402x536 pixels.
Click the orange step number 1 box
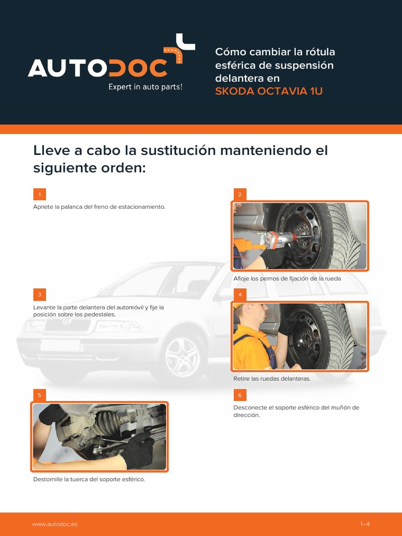click(x=39, y=194)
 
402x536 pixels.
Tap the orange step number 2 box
click(x=240, y=194)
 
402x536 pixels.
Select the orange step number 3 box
click(x=39, y=295)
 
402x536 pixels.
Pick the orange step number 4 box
click(x=240, y=295)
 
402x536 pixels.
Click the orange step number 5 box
click(x=39, y=395)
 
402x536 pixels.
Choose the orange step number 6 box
click(x=240, y=395)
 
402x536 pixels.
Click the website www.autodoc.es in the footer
click(x=54, y=524)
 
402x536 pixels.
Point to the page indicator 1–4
click(x=365, y=524)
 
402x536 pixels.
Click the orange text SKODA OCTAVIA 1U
click(x=269, y=91)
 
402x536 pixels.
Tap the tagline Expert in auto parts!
click(x=146, y=87)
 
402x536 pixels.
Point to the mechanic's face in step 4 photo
click(x=260, y=315)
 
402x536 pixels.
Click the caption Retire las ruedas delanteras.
click(x=272, y=379)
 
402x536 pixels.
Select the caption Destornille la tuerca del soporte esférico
click(x=89, y=479)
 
